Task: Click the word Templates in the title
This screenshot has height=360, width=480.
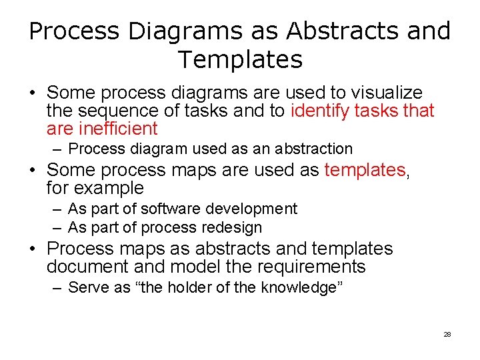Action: (x=240, y=60)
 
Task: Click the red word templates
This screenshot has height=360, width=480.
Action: (x=365, y=170)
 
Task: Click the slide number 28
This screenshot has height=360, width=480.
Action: (x=447, y=334)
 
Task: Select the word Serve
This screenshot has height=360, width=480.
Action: (x=88, y=287)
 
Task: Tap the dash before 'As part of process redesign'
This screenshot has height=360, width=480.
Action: (x=57, y=227)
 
